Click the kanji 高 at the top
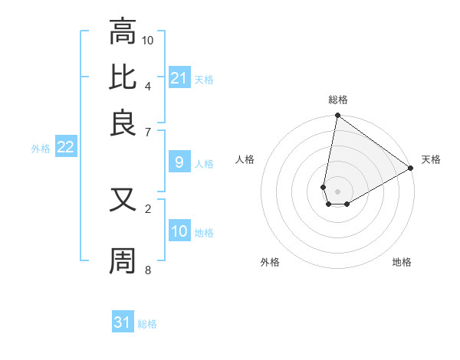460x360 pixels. pyautogui.click(x=123, y=33)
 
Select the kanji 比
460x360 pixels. pyautogui.click(x=123, y=77)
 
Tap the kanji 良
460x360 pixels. pyautogui.click(x=123, y=123)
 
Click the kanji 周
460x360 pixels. pyautogui.click(x=123, y=260)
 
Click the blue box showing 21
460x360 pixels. pyautogui.click(x=179, y=78)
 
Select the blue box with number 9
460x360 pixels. pyautogui.click(x=179, y=162)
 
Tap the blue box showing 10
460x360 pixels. pyautogui.click(x=179, y=231)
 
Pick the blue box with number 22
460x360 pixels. pyautogui.click(x=65, y=148)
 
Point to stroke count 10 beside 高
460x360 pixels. pyautogui.click(x=148, y=39)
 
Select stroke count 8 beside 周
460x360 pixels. pyautogui.click(x=147, y=270)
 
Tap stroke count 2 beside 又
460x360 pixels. pyautogui.click(x=147, y=208)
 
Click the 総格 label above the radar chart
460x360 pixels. pyautogui.click(x=338, y=100)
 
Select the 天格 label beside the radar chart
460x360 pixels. pyautogui.click(x=432, y=159)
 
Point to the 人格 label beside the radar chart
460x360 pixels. pyautogui.click(x=245, y=159)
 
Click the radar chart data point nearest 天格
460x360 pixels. pyautogui.click(x=411, y=169)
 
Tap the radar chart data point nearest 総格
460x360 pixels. pyautogui.click(x=337, y=116)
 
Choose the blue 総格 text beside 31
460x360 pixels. pyautogui.click(x=147, y=324)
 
